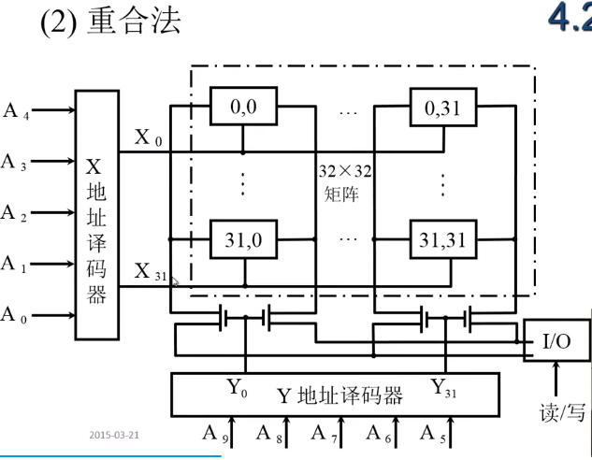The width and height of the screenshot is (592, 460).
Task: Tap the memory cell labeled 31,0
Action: (x=242, y=240)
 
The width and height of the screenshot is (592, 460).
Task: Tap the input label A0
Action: (x=15, y=315)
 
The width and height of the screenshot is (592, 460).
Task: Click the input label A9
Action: (x=215, y=434)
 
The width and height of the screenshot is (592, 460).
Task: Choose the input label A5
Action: (x=432, y=434)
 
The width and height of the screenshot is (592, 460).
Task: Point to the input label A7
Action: (x=324, y=434)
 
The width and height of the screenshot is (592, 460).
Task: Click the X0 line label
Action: (x=147, y=138)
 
